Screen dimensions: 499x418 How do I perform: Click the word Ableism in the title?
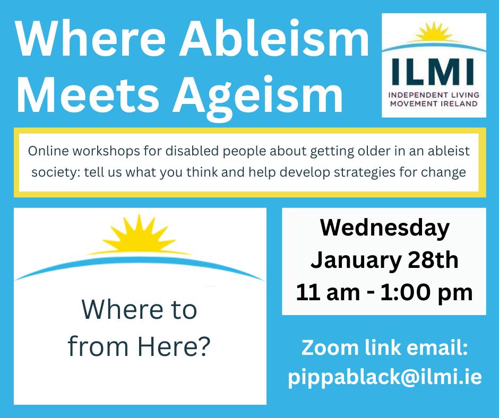(x=274, y=38)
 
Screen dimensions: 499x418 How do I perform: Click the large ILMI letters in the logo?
(x=433, y=72)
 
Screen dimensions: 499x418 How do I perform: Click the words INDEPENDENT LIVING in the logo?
(x=434, y=95)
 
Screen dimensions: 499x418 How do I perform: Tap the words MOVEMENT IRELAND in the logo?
(x=434, y=104)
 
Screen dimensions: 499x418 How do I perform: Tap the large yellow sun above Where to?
(x=139, y=234)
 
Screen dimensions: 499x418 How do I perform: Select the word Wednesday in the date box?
(x=385, y=229)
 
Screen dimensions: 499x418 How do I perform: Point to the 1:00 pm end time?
(x=426, y=293)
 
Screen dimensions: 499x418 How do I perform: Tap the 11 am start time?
(x=328, y=292)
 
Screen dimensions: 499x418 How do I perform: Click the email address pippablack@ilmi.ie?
(x=385, y=378)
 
